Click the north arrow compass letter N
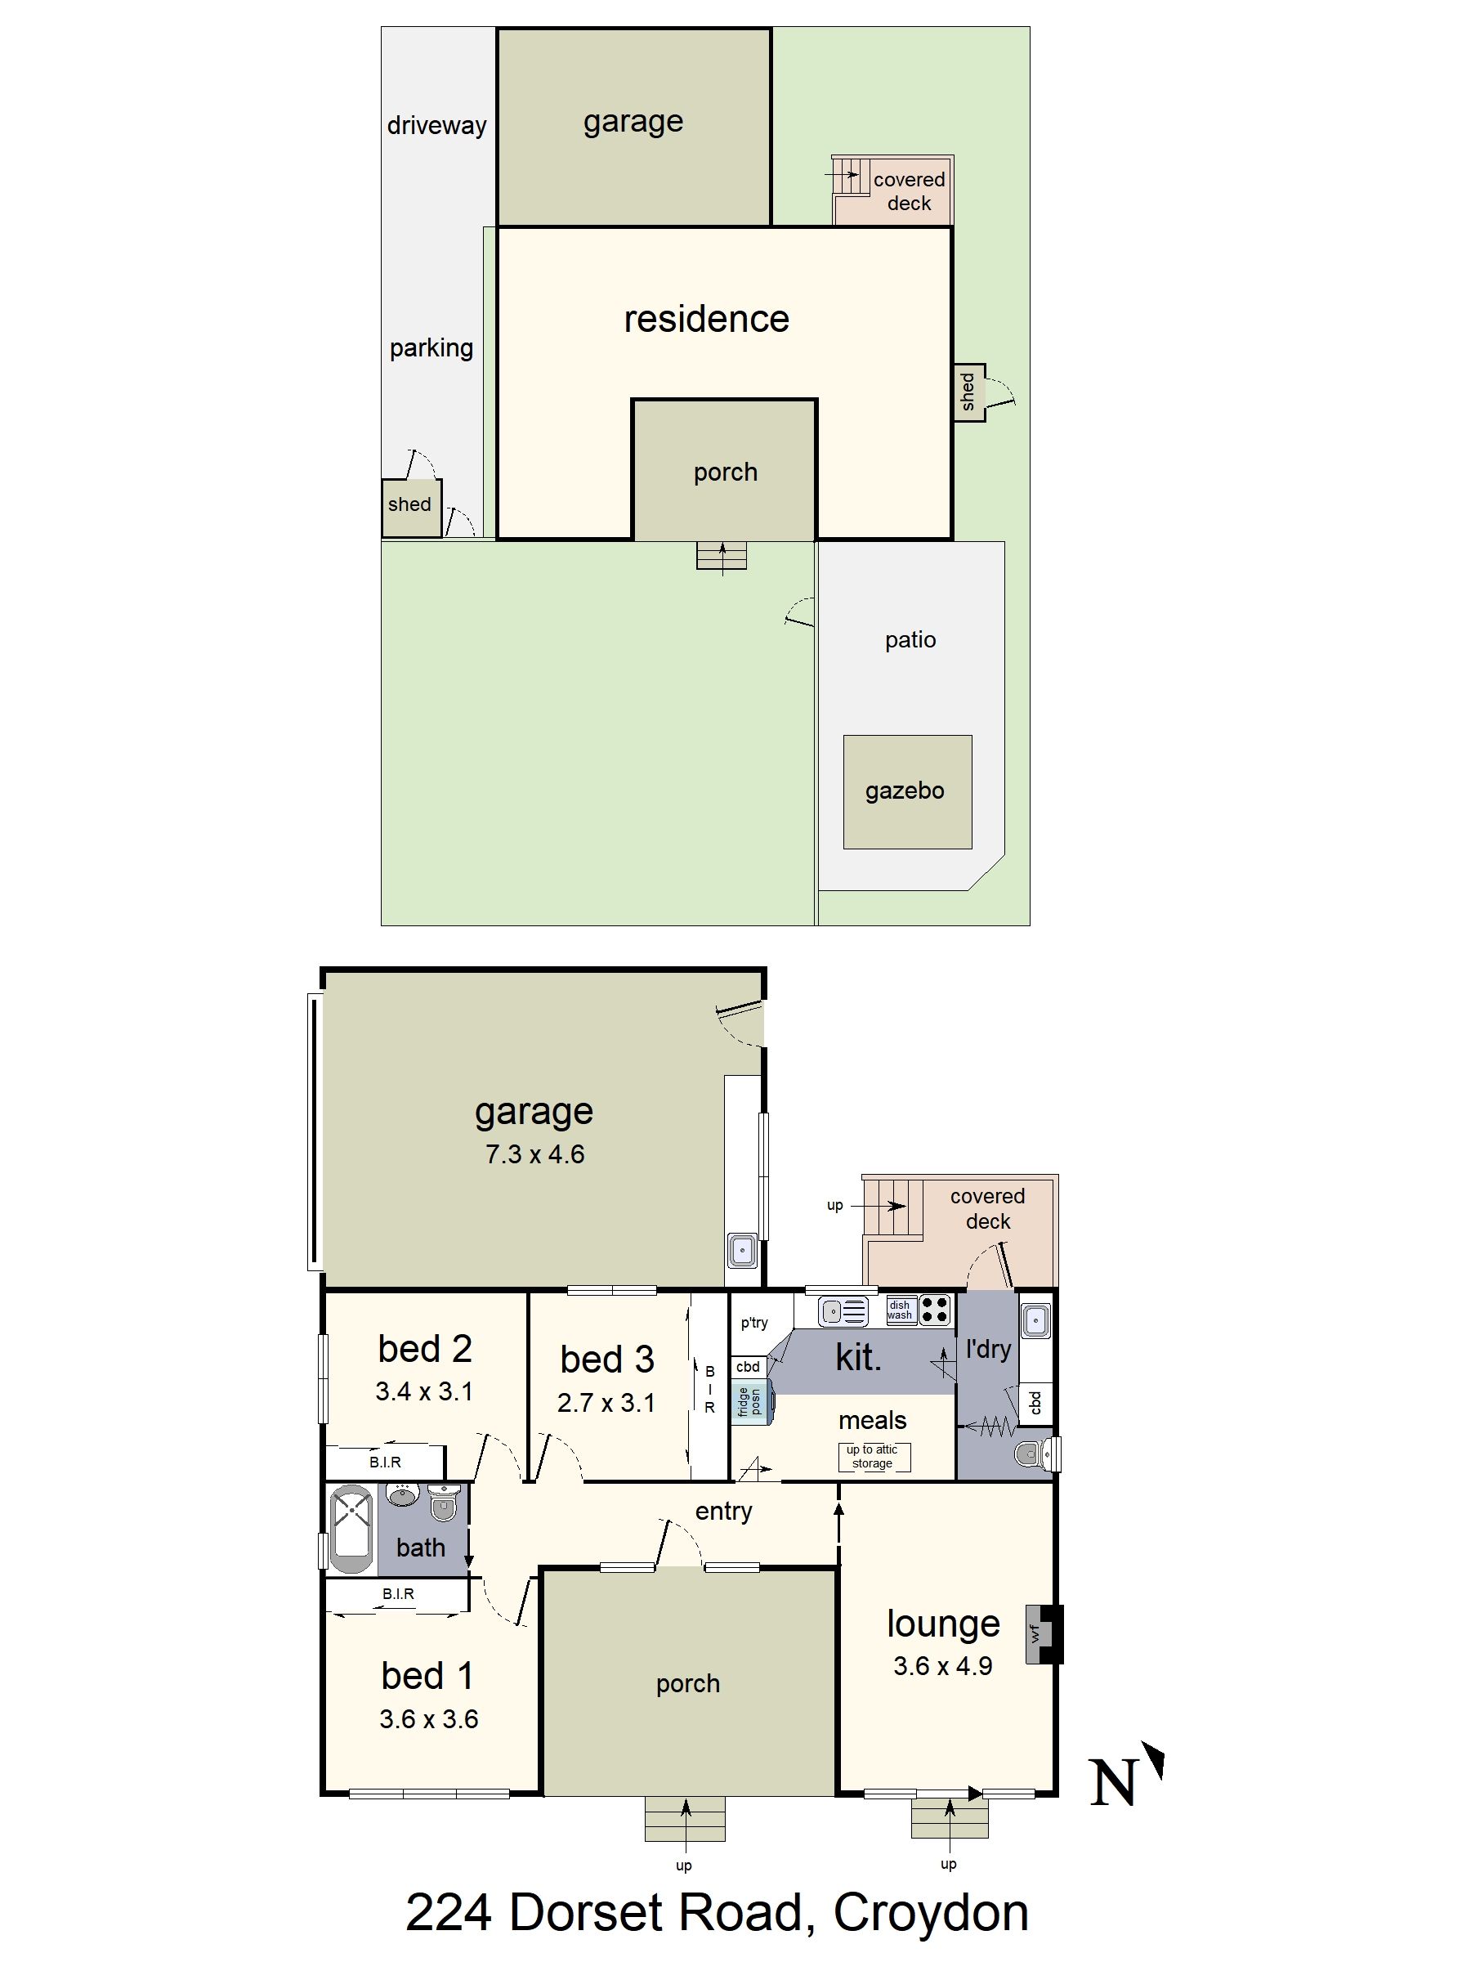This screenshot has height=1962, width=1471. pyautogui.click(x=1113, y=1783)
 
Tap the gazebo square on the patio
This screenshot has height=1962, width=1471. pyautogui.click(x=907, y=791)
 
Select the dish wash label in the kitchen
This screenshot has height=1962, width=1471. pyautogui.click(x=899, y=1310)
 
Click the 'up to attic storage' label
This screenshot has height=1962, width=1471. pyautogui.click(x=873, y=1457)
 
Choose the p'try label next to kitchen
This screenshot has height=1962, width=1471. pyautogui.click(x=754, y=1323)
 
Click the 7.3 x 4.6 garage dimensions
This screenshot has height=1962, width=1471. pyautogui.click(x=534, y=1154)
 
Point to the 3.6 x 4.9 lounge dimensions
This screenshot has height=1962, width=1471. pyautogui.click(x=942, y=1666)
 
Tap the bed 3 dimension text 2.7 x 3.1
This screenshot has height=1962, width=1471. pyautogui.click(x=606, y=1403)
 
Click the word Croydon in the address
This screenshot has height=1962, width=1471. pyautogui.click(x=931, y=1913)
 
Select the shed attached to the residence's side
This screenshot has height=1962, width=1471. pyautogui.click(x=969, y=392)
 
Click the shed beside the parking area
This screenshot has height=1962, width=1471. pyautogui.click(x=411, y=508)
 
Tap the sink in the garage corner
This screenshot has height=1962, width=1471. pyautogui.click(x=743, y=1251)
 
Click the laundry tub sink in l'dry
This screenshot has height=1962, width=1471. pyautogui.click(x=1035, y=1322)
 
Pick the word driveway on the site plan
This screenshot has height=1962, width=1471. pyautogui.click(x=437, y=125)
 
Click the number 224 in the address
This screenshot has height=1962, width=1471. pyautogui.click(x=449, y=1913)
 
